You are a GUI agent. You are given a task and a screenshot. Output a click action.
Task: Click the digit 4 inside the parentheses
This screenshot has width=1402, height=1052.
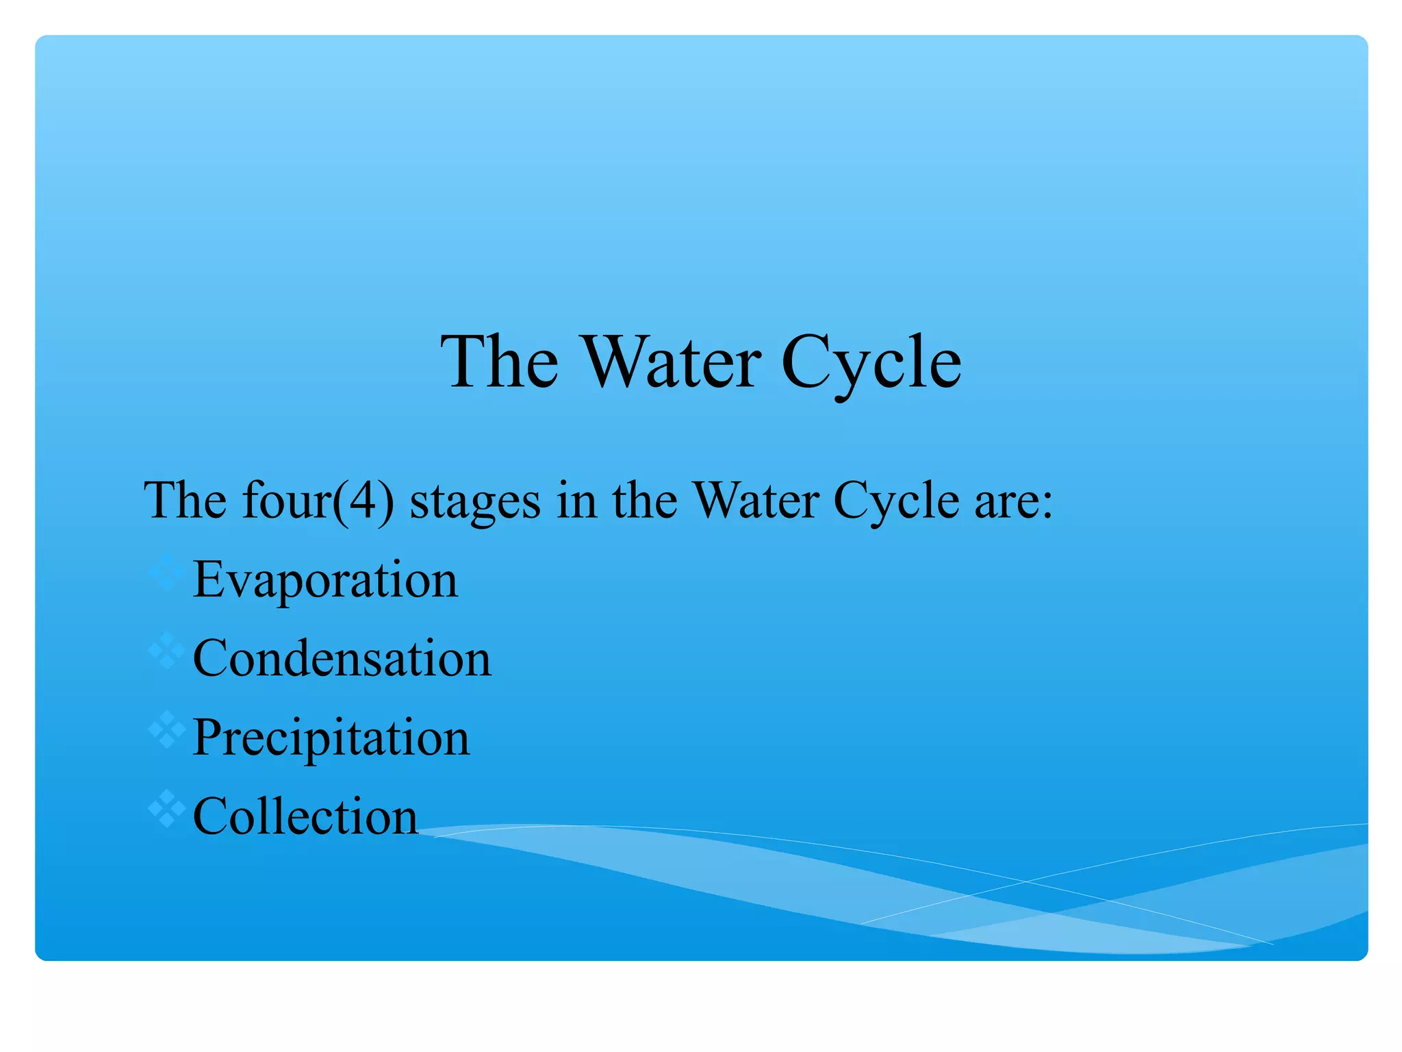click(363, 500)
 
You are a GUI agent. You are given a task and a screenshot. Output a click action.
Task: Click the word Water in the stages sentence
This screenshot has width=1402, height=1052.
click(756, 500)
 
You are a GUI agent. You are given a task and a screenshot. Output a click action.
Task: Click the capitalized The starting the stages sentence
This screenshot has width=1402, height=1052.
click(185, 500)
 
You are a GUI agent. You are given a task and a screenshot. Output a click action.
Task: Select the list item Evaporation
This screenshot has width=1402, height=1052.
click(325, 579)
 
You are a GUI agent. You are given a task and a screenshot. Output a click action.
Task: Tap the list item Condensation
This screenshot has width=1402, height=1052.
click(342, 658)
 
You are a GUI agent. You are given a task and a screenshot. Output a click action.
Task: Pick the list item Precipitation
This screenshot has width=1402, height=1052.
click(331, 738)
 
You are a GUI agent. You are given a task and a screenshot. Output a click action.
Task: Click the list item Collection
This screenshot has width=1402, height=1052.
click(305, 816)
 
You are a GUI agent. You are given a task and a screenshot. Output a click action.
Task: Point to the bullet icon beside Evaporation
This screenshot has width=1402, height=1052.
click(166, 572)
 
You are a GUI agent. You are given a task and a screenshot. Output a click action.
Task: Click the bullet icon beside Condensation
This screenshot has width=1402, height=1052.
click(166, 651)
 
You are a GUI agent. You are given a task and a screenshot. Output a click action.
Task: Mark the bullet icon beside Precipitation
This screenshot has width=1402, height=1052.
click(166, 730)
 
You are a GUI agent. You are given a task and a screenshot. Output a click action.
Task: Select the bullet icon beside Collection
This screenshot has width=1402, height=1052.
click(166, 809)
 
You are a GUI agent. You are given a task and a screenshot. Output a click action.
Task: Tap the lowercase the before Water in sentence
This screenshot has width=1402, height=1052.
click(644, 500)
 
